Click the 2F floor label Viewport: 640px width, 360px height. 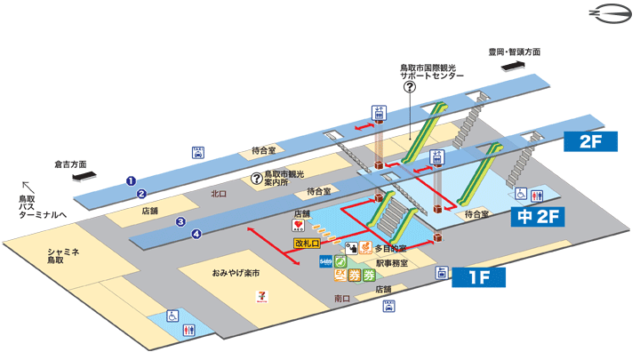(596, 141)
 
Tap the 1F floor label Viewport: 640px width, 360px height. (479, 278)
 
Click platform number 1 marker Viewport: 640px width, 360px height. (130, 180)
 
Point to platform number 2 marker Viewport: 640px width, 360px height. (140, 193)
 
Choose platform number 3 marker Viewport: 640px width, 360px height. (180, 221)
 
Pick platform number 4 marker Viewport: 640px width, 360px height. (197, 234)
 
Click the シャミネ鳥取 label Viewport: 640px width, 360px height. (63, 256)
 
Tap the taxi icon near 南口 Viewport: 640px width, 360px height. (388, 306)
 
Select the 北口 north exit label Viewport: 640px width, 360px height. (220, 192)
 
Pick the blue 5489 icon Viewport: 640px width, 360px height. (325, 261)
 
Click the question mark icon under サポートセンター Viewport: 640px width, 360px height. (410, 86)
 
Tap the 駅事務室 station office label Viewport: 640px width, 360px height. (390, 263)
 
